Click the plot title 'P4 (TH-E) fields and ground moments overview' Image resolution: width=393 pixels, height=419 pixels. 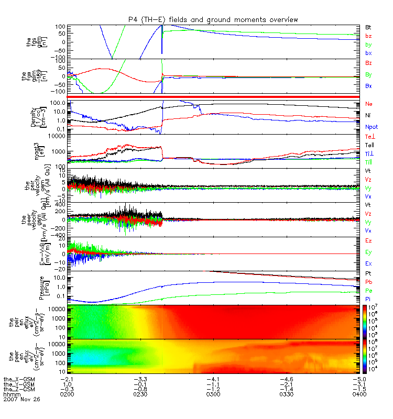[213, 19]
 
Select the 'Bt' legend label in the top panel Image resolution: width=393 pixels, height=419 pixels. [368, 27]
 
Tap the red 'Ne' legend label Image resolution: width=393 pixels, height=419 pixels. [368, 104]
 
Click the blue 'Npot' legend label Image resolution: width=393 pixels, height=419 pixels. [372, 127]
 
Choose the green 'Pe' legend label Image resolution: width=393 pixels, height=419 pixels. [368, 289]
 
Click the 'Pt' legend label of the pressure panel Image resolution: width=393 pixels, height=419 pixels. [368, 274]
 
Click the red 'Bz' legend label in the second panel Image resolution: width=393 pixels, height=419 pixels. [368, 63]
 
